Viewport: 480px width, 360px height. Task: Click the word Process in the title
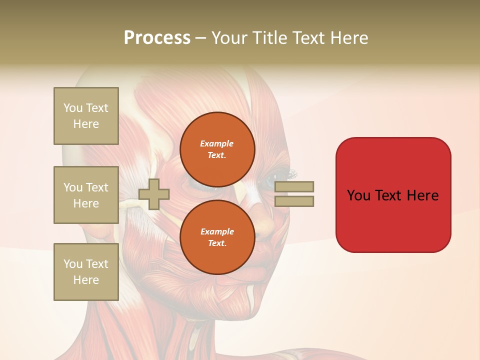click(x=157, y=38)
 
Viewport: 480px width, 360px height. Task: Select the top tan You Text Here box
click(x=86, y=116)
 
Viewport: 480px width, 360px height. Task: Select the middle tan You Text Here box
click(x=86, y=195)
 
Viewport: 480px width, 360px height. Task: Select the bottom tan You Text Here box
click(x=86, y=272)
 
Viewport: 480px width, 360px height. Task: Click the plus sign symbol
click(x=154, y=194)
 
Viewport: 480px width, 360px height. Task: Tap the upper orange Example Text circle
click(x=217, y=149)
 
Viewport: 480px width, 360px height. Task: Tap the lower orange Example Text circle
click(x=217, y=237)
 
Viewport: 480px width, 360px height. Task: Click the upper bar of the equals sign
click(x=294, y=186)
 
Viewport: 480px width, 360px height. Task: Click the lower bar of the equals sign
click(x=294, y=201)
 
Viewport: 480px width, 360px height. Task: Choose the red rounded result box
click(x=393, y=195)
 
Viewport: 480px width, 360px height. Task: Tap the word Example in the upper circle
click(x=217, y=143)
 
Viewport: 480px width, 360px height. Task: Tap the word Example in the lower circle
click(x=217, y=231)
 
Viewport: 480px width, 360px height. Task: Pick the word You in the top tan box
click(x=73, y=108)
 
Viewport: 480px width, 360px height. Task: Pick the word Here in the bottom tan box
click(x=86, y=280)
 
